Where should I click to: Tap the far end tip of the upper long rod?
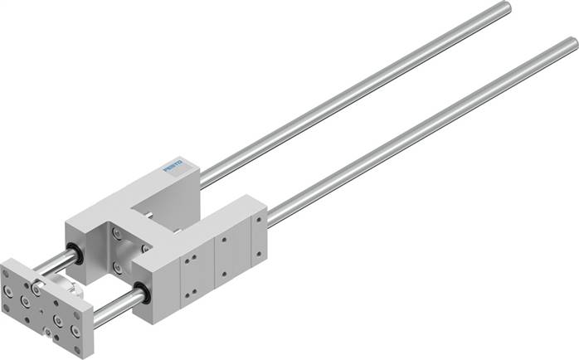tap(505, 8)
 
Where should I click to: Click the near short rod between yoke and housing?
tap(116, 304)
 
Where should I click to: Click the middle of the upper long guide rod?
tap(357, 91)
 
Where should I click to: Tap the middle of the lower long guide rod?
tap(423, 133)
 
